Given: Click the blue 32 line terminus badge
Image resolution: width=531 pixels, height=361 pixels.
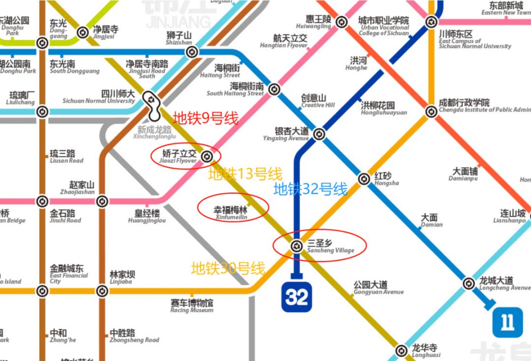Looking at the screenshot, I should coord(296,297).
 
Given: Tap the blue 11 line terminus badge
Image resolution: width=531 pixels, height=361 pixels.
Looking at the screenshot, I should coord(507,322).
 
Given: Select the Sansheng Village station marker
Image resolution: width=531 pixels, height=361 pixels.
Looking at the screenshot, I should coord(296,245).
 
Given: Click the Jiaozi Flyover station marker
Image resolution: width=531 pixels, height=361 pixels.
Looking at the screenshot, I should coord(207,157).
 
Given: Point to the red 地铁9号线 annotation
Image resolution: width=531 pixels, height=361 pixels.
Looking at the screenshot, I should coord(206,119).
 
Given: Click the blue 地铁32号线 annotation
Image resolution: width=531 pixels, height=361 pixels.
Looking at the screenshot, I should coord(310,189).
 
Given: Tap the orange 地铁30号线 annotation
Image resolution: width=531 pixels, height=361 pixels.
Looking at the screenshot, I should coord(228,269).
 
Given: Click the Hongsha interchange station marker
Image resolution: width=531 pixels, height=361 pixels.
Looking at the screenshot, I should coord(364,179).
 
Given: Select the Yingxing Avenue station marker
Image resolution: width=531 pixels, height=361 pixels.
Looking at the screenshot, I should coord(319,134).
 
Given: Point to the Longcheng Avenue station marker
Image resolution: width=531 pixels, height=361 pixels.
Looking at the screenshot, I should coord(469,283).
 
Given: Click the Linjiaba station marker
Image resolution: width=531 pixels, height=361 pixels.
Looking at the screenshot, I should coord(102,291).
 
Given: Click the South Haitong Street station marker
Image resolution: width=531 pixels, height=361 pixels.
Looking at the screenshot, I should coord(274,90).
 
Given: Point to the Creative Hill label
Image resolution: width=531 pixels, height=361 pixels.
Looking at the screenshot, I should coord(317,101).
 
